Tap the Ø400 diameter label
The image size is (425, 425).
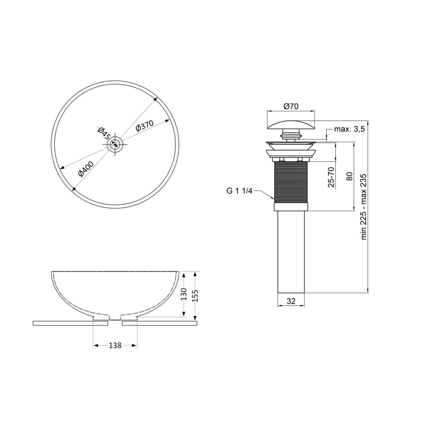(85, 169)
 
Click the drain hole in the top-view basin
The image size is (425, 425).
(115, 144)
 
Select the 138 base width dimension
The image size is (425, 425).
(115, 345)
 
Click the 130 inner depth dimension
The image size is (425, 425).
(184, 294)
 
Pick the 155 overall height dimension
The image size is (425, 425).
(195, 296)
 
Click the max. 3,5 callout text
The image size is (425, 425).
(349, 129)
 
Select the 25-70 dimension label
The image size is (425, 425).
(331, 177)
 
